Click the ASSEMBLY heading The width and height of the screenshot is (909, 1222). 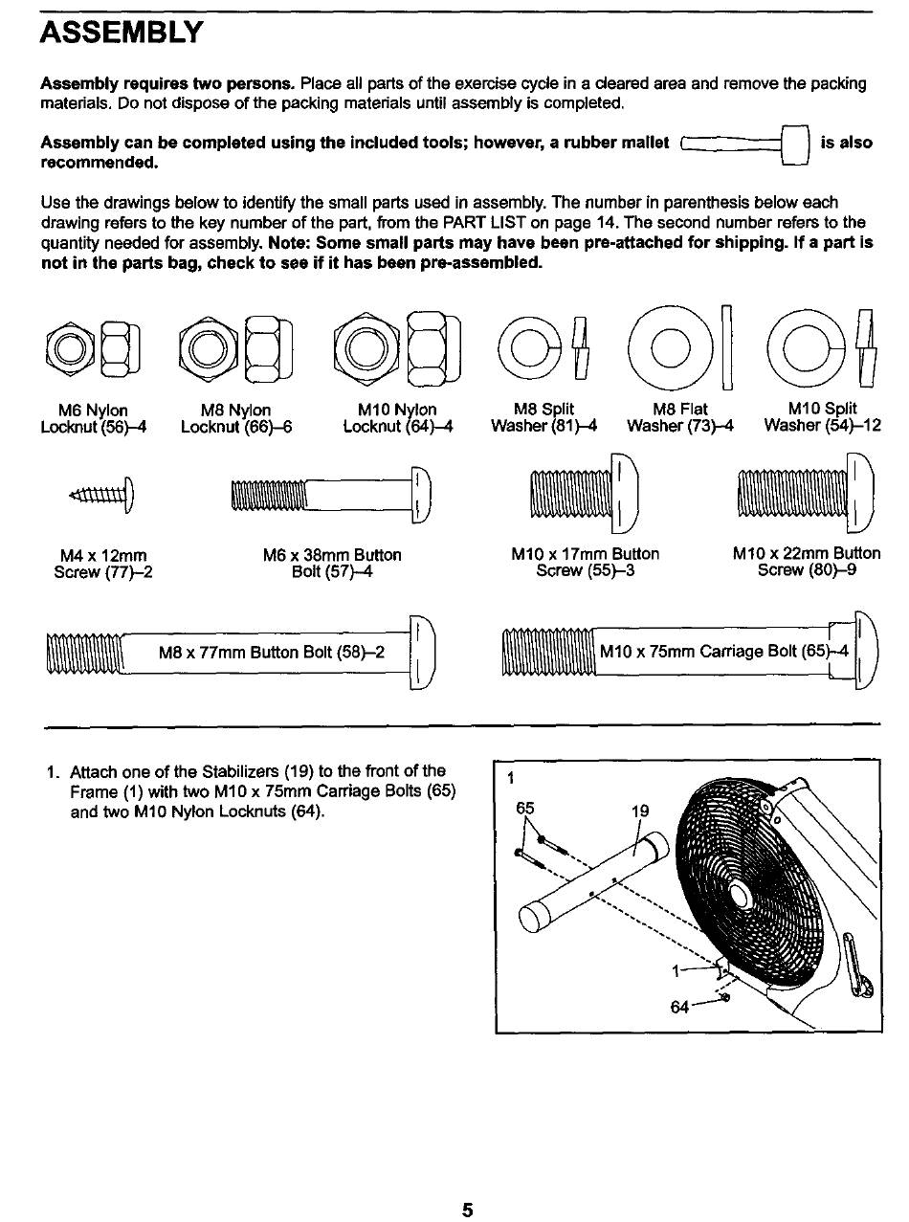[122, 33]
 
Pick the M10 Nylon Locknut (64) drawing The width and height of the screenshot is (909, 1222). [394, 346]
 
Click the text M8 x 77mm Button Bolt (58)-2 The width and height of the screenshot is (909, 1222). [272, 654]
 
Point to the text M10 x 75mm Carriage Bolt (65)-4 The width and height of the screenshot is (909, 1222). [724, 652]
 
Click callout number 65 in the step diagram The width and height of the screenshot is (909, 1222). [525, 808]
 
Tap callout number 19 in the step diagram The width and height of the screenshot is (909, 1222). [640, 811]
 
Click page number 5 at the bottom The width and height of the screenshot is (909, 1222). [467, 1210]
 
